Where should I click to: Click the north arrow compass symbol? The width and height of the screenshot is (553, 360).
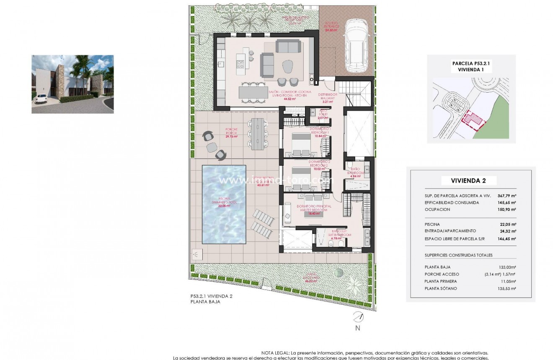click(357, 318)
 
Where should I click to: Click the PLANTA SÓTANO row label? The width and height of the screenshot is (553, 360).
click(440, 288)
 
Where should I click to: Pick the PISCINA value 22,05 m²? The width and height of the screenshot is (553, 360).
click(508, 224)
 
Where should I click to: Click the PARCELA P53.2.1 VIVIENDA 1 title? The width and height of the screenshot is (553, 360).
click(471, 67)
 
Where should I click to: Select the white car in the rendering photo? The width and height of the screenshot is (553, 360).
click(41, 99)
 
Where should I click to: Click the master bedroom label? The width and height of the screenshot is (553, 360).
click(315, 208)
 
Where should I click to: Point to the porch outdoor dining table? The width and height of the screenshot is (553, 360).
click(256, 134)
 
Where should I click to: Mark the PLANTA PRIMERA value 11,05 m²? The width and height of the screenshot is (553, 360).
click(508, 281)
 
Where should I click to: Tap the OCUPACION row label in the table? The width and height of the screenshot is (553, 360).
click(438, 209)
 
